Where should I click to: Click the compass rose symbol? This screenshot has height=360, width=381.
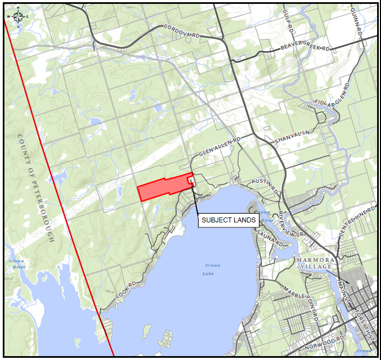(18, 17)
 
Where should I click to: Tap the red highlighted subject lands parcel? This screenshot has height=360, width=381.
(164, 188)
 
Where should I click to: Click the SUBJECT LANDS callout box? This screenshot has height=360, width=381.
(228, 220)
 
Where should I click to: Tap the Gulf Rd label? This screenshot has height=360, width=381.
(287, 20)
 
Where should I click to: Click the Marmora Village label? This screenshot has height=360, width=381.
(314, 263)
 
